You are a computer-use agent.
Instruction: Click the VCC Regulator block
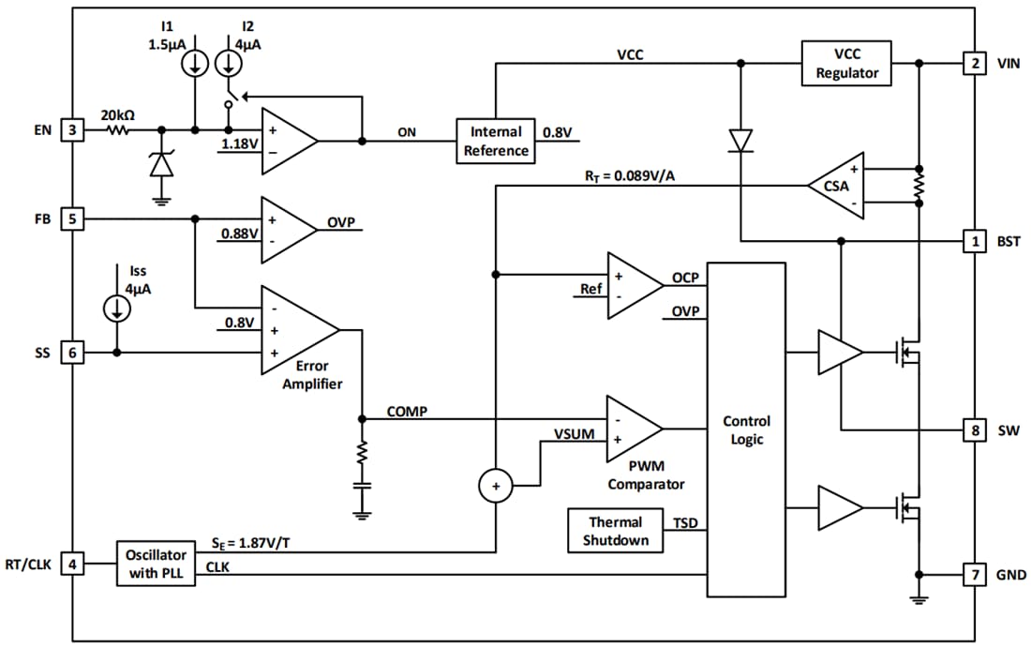click(x=845, y=64)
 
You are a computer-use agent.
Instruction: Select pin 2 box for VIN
click(x=975, y=64)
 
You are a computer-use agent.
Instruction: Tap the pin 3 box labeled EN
click(x=72, y=130)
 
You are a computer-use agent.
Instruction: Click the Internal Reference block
click(x=495, y=141)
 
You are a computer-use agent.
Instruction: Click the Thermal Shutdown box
click(x=615, y=531)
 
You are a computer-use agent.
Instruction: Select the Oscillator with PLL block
click(x=156, y=564)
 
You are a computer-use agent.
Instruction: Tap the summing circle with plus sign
click(x=495, y=486)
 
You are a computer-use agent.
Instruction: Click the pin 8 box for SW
click(x=975, y=430)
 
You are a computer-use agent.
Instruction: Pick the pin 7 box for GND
click(x=975, y=574)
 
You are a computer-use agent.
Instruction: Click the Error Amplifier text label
click(x=311, y=375)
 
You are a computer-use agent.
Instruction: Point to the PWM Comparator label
click(x=646, y=475)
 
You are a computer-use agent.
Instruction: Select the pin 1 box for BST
click(x=975, y=241)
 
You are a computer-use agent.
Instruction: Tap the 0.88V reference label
click(x=239, y=233)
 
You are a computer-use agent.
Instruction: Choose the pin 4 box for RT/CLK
click(x=72, y=564)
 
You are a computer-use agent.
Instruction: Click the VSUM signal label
click(x=573, y=434)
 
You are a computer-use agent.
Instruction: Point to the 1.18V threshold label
click(x=238, y=144)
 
